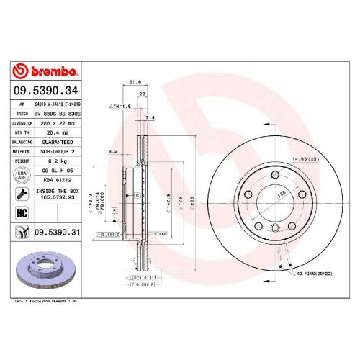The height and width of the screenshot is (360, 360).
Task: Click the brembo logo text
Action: (46, 71)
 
